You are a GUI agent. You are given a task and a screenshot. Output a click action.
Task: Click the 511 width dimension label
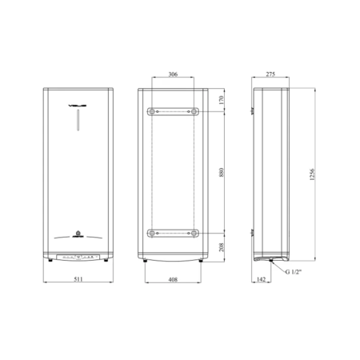78,279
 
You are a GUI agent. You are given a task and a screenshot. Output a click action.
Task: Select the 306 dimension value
173,74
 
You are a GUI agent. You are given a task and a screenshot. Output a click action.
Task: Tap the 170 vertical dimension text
222,100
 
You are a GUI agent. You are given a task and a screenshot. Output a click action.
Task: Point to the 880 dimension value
222,173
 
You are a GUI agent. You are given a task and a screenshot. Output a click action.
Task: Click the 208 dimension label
222,247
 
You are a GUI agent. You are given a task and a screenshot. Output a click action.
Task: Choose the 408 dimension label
173,279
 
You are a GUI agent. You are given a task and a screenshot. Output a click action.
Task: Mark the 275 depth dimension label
270,74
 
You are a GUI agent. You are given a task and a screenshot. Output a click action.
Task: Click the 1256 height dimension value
312,174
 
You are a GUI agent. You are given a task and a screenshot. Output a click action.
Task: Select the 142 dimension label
261,279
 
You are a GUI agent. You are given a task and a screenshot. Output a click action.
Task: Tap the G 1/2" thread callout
293,272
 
